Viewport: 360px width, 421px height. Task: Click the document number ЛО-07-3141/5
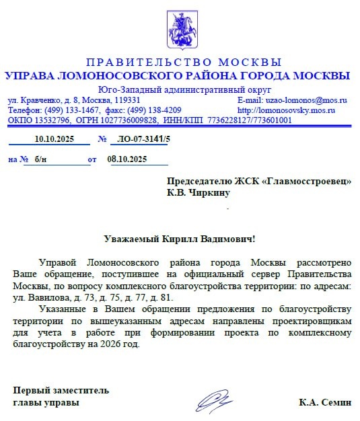[143, 139]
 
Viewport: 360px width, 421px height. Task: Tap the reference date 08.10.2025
[127, 159]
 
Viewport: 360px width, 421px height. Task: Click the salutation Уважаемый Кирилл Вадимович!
[180, 239]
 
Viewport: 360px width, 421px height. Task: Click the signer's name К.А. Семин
[325, 402]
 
